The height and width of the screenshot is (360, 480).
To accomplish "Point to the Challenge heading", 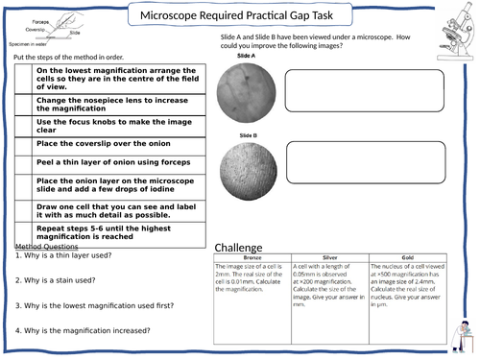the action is (237, 247).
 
